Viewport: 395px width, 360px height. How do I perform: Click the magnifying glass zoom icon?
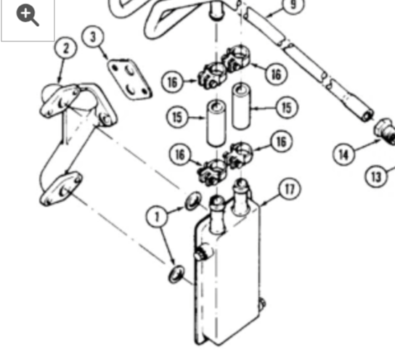28,15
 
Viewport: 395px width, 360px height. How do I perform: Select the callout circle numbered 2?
66,48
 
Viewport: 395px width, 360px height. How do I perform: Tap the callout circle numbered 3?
93,37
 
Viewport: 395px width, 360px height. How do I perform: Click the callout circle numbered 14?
344,154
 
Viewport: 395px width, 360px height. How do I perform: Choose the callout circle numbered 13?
376,176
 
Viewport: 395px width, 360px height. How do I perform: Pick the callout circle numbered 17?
290,189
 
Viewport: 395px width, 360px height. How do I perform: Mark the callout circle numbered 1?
157,216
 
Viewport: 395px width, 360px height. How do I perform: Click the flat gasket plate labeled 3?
129,79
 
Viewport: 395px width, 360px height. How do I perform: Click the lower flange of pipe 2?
61,189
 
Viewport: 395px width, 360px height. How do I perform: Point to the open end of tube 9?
367,115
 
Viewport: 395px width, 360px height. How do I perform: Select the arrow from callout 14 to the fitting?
367,146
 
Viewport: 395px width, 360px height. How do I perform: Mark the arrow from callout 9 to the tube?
274,13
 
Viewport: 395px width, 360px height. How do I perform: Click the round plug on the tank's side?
202,253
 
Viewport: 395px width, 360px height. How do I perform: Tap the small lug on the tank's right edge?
262,303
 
